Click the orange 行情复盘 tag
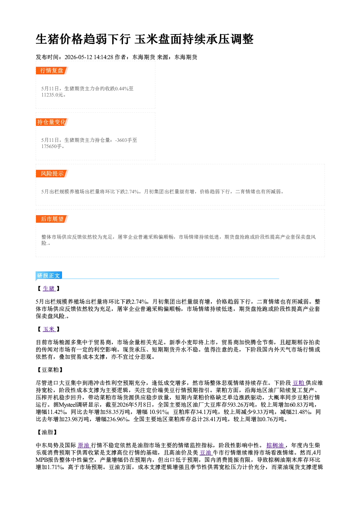click(52, 71)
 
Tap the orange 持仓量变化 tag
click(52, 122)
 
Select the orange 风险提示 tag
click(52, 174)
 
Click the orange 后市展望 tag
click(52, 219)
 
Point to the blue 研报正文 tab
click(49, 276)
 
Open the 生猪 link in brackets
click(49, 289)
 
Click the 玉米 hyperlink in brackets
click(49, 329)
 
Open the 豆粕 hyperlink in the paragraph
click(298, 383)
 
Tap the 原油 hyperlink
click(83, 446)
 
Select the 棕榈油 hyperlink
click(275, 446)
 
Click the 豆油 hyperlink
click(206, 453)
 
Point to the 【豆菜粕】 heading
click(49, 370)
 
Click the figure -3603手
click(126, 140)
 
